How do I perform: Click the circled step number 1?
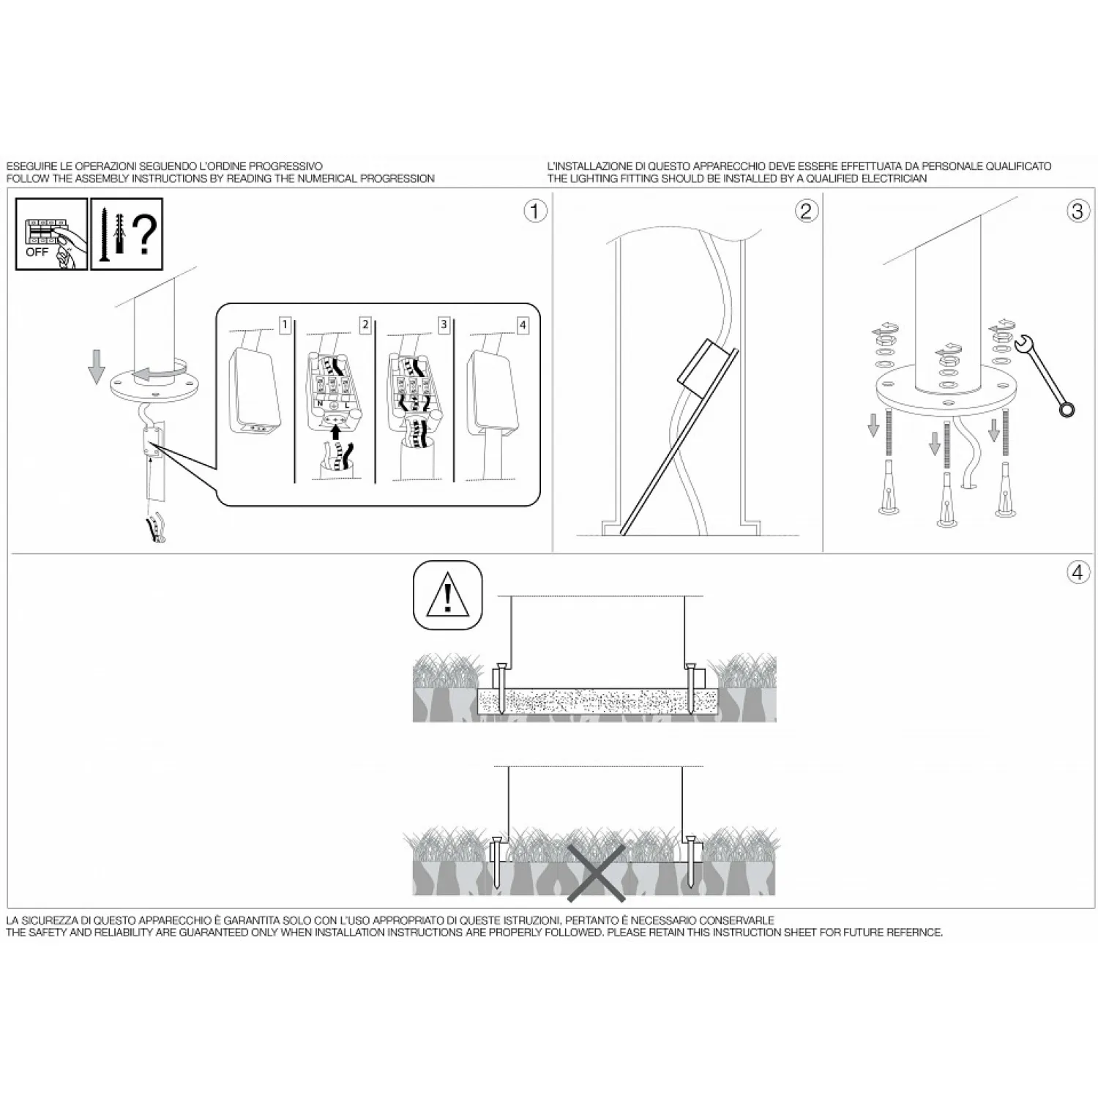(x=535, y=211)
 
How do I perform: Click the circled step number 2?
(x=806, y=211)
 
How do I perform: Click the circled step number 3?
(x=1077, y=211)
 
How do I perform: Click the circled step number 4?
(x=1077, y=572)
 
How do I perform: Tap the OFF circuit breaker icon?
(x=51, y=234)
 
